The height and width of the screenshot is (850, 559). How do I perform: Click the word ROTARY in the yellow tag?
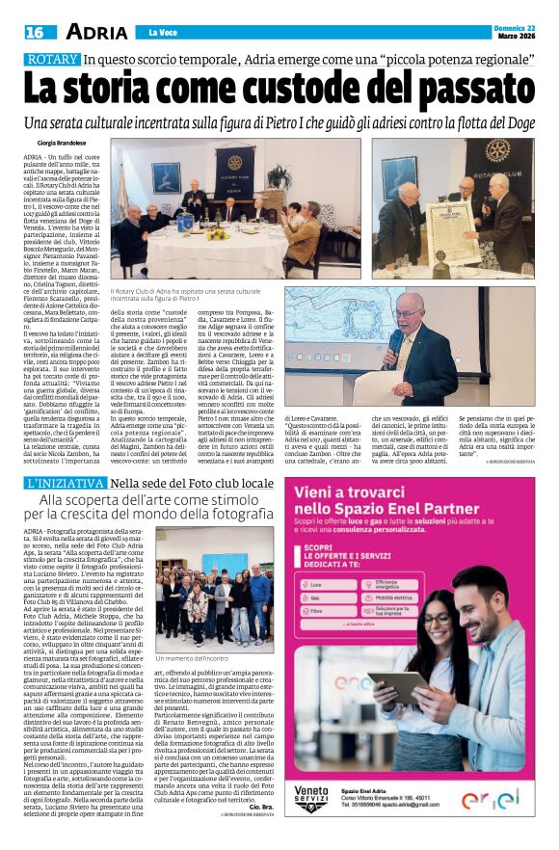click(x=51, y=60)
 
